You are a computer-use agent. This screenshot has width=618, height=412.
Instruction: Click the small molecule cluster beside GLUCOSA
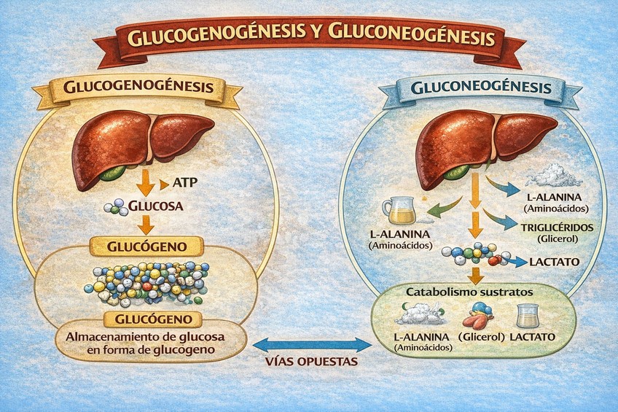(117, 207)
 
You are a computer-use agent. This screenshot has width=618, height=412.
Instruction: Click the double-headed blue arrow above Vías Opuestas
(311, 343)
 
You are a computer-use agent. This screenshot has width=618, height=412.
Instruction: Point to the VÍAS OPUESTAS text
(311, 362)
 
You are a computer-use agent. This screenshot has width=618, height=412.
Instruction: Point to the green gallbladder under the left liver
(113, 173)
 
